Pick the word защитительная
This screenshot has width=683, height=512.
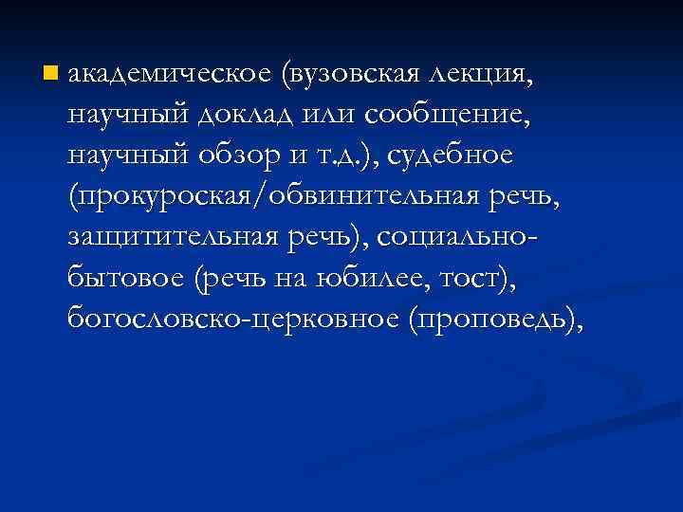[x=173, y=237]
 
